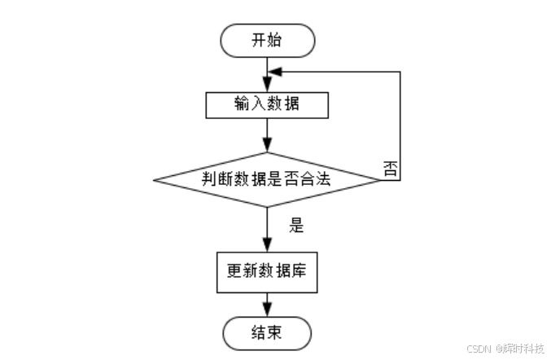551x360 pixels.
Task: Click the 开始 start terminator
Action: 267,40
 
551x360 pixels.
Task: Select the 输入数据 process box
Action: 267,104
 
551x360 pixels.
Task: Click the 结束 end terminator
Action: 267,331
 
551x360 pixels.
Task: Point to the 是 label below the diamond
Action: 296,226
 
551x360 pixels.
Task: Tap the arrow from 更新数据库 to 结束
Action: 267,305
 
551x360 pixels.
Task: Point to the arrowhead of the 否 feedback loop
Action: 276,72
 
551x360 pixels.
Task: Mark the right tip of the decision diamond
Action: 381,179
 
